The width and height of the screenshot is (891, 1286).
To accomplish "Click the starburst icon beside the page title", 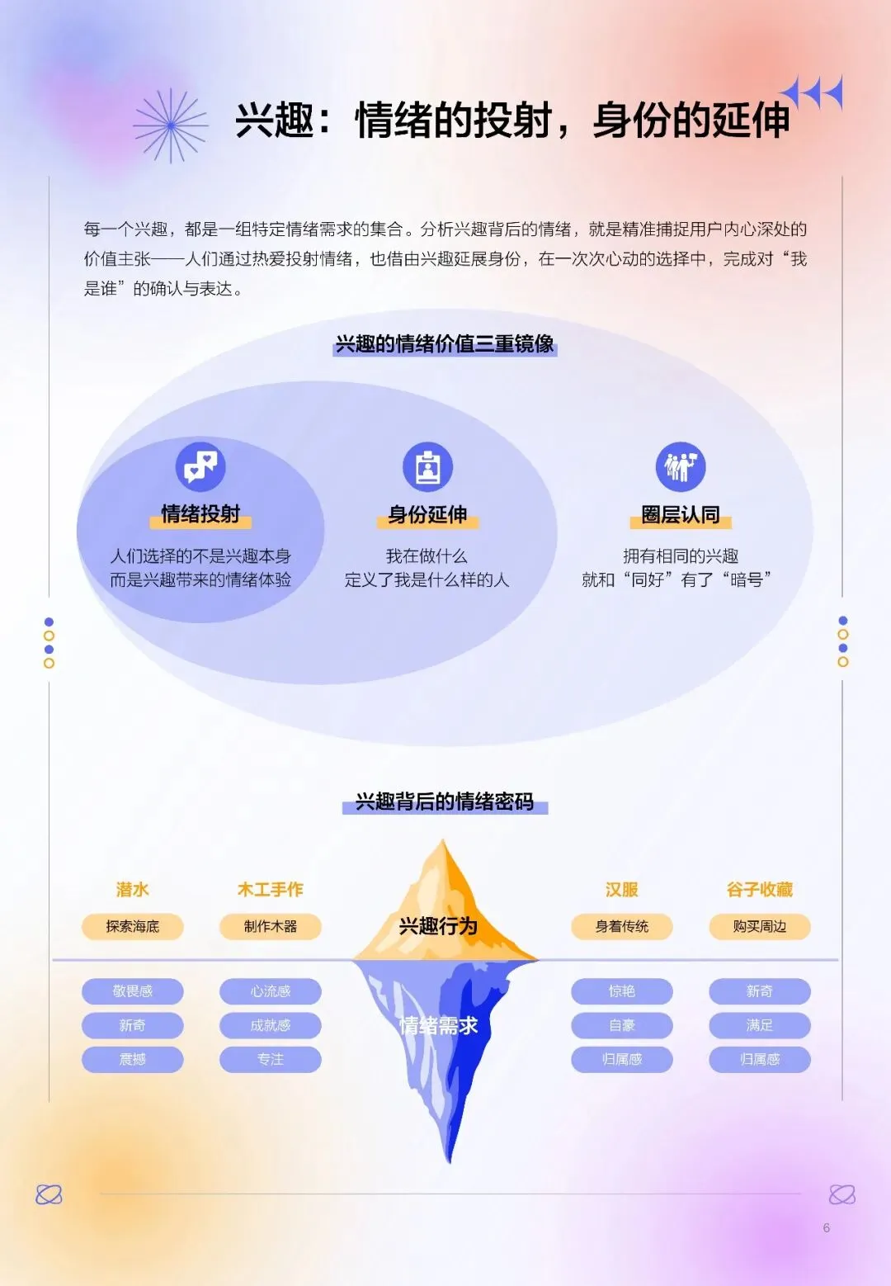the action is coord(171,125).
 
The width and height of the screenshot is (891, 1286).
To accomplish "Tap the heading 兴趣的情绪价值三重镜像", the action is coord(445,344).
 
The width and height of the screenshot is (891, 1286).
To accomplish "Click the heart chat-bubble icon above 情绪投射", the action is coord(200,466).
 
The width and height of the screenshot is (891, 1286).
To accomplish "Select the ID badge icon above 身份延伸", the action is coord(427,467).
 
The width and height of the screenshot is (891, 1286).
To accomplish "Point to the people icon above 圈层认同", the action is coord(681,466).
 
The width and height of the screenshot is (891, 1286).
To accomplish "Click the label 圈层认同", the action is coord(681,515).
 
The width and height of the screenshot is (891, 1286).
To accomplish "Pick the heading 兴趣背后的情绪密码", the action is coord(445,801).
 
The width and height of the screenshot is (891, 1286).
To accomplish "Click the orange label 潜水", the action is coord(132,890).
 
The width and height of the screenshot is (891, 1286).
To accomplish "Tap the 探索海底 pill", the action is coord(132,927).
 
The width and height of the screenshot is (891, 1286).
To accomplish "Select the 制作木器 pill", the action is coord(270,927).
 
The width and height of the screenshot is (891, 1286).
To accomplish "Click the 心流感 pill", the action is coord(270,991).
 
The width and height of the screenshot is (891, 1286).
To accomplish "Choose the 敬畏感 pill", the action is coord(132,991).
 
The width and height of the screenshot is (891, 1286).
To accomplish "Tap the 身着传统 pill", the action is coord(622,927).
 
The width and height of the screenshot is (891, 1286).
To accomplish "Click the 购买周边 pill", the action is coord(760,927).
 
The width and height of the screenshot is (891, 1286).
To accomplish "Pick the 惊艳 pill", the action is coord(622,991).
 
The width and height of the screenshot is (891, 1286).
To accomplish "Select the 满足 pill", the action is coord(760,1025).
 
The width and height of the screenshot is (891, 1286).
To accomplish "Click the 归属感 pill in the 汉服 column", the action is coord(622,1060).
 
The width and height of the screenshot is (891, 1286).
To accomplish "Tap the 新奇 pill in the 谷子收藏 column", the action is coord(760,991).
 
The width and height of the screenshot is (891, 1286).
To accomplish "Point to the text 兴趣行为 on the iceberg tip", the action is coord(438,926).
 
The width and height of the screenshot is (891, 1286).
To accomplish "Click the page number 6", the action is coord(827,1228).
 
